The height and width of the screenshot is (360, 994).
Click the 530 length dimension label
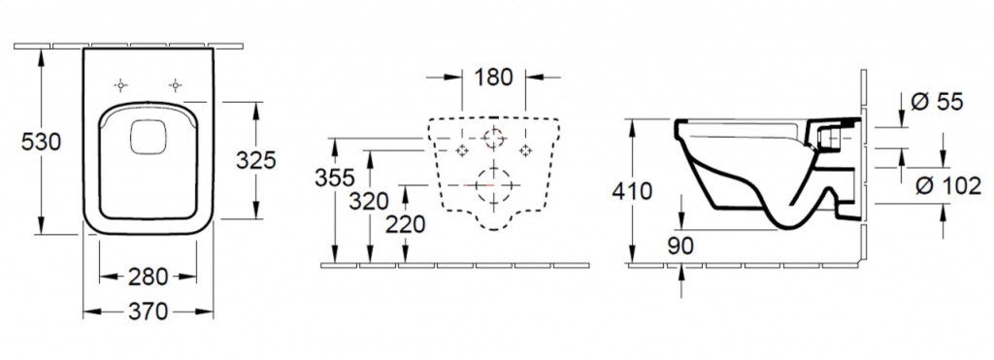point(41,142)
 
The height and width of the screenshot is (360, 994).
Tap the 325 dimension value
point(256,161)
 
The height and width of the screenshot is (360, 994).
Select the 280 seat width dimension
point(148,277)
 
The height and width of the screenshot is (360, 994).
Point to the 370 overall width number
point(148,311)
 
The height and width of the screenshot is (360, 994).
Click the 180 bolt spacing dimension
point(493,78)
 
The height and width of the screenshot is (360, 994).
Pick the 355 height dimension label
point(335,179)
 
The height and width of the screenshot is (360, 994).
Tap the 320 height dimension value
point(368,202)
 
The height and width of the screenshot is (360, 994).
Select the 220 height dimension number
point(405,224)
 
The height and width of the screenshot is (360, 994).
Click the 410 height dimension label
point(632,191)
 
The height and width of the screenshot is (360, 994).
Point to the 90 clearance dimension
point(680,245)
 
